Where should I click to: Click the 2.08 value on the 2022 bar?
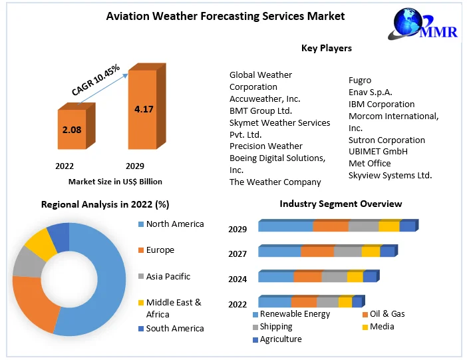click(x=72, y=130)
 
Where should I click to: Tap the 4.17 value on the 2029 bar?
click(x=144, y=109)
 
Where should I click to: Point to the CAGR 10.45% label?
click(x=96, y=80)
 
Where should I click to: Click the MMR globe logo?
click(x=422, y=24)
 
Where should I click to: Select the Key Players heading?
click(x=327, y=48)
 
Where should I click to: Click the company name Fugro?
click(x=360, y=80)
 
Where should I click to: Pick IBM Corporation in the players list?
click(x=382, y=104)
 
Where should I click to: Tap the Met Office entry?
click(x=370, y=163)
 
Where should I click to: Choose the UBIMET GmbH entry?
click(x=378, y=152)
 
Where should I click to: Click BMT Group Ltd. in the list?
click(x=261, y=111)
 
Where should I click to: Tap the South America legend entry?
click(x=171, y=329)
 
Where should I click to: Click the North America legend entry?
click(x=171, y=224)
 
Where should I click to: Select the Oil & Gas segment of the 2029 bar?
click(x=331, y=226)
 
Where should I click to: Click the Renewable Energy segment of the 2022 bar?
click(x=275, y=302)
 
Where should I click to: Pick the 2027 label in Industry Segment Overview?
click(x=237, y=254)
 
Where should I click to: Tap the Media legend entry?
click(x=379, y=327)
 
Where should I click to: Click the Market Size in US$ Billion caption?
click(x=115, y=182)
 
